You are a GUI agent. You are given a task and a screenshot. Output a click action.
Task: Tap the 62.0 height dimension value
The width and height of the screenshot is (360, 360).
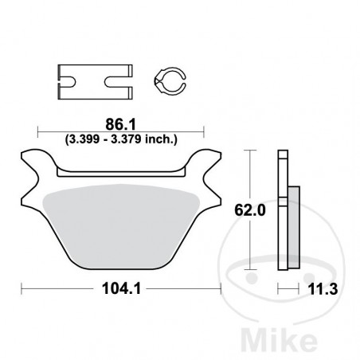(247, 212)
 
